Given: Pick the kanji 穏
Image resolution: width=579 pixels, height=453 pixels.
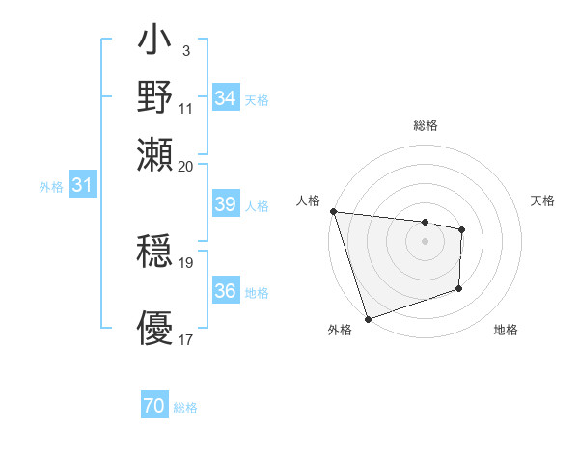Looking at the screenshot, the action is (155, 252).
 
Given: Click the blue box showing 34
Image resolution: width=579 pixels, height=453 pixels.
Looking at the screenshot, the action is (225, 98).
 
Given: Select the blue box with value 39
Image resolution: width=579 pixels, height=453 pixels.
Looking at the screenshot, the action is (225, 204).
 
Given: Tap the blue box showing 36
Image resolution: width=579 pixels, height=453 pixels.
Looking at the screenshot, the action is (225, 291).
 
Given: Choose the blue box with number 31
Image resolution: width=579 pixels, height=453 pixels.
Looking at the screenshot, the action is (82, 185).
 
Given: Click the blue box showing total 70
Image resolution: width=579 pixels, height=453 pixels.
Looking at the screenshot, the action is (154, 407).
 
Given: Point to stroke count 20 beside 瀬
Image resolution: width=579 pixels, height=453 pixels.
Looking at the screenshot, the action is (186, 166).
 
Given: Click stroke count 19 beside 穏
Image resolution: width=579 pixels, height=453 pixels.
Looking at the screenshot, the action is (186, 262).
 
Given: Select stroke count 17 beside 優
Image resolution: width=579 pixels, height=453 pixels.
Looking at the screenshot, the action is (186, 339).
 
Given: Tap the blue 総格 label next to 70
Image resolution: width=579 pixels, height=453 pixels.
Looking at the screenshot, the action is (185, 408).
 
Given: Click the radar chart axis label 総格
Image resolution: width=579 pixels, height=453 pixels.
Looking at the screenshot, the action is (425, 125).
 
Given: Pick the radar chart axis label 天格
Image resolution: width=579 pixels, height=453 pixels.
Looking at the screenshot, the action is (543, 200).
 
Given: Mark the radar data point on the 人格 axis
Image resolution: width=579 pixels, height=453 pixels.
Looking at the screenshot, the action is (333, 211).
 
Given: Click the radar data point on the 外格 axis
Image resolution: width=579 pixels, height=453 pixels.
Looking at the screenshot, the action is (368, 318).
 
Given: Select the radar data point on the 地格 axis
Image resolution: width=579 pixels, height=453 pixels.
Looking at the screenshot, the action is (459, 288).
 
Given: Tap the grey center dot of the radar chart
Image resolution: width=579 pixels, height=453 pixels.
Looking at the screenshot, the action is (425, 241).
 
